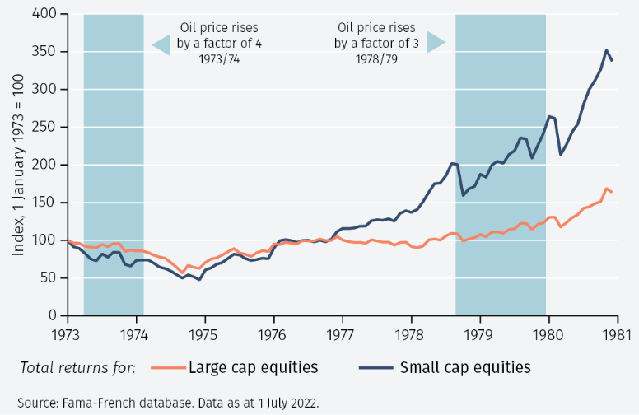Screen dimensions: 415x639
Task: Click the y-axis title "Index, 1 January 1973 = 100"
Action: click(17, 165)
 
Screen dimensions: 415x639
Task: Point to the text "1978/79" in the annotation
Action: click(375, 60)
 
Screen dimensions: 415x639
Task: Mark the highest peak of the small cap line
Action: click(607, 50)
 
